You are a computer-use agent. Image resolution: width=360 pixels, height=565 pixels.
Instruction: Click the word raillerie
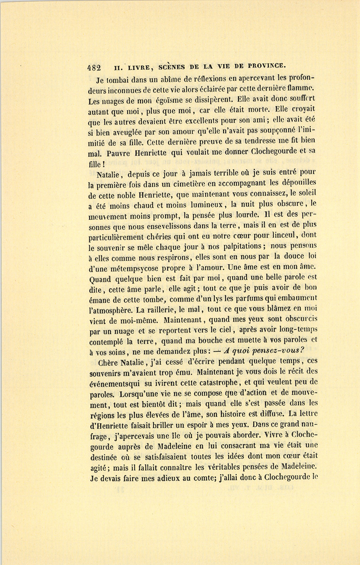pos(173,309)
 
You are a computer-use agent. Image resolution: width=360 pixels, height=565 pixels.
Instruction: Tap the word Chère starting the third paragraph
pos(107,362)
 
